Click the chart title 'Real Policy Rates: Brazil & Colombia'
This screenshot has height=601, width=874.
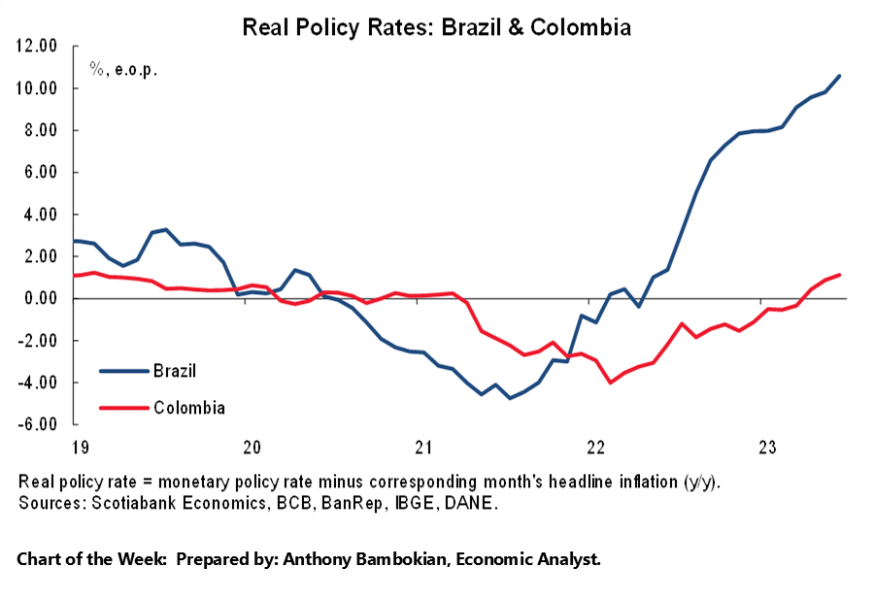click(x=436, y=27)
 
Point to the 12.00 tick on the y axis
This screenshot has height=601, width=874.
click(x=38, y=46)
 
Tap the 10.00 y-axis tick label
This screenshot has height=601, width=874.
click(x=38, y=88)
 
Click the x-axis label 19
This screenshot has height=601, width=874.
click(x=82, y=448)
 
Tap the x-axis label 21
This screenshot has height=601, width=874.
click(x=423, y=448)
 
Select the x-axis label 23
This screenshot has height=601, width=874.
click(x=767, y=448)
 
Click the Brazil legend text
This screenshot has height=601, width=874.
click(x=175, y=370)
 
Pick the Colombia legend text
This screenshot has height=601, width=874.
click(x=188, y=408)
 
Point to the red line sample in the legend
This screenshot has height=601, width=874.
click(x=122, y=408)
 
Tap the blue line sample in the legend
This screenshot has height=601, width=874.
click(x=122, y=370)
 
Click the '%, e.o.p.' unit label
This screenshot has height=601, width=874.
click(x=123, y=69)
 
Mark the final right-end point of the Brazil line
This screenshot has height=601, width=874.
click(x=840, y=76)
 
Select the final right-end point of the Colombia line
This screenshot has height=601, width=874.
click(x=840, y=275)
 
